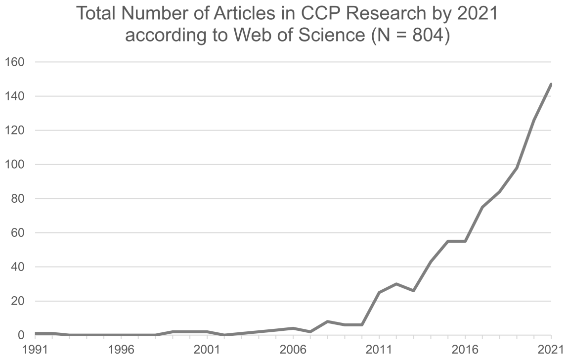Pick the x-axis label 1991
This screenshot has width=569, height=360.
tap(35, 349)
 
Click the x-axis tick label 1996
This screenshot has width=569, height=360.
tap(121, 349)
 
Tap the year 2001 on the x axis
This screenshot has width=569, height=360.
tap(207, 349)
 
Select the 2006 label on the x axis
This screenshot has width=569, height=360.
tap(293, 349)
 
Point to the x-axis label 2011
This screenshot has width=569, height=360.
tap(379, 349)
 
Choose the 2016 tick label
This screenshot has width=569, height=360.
tap(465, 349)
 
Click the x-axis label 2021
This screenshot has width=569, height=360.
tap(550, 349)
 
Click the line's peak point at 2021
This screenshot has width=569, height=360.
tap(551, 85)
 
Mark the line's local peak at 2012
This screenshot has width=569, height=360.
tap(396, 284)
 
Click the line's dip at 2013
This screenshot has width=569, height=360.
tap(413, 291)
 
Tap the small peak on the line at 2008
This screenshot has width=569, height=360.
tap(327, 321)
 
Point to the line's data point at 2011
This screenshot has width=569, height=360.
tap(379, 292)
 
